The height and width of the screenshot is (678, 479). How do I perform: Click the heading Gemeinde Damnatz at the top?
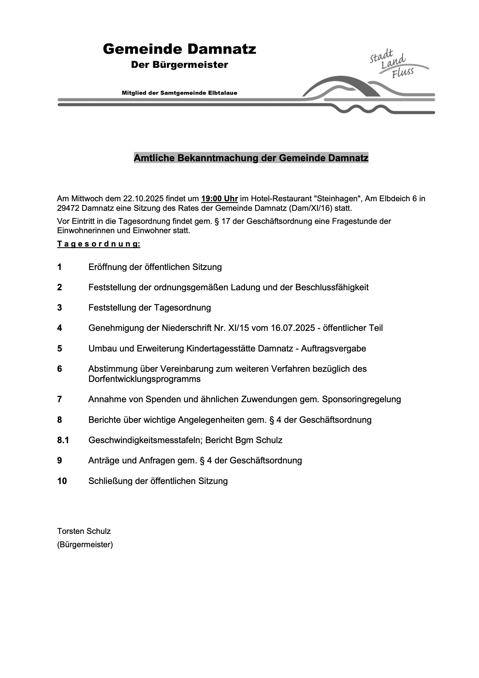[179, 49]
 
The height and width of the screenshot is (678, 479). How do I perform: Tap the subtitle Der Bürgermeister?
[179, 65]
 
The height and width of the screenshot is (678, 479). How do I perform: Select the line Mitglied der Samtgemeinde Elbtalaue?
[179, 93]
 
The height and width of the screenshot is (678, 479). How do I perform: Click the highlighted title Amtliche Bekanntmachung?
[251, 158]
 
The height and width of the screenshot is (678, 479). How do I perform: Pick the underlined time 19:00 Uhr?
[219, 198]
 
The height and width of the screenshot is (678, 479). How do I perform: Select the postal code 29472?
[68, 208]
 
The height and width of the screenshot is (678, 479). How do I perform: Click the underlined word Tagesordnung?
[99, 244]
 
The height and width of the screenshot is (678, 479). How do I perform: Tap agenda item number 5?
[60, 349]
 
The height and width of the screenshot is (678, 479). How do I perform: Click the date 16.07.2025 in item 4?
[293, 328]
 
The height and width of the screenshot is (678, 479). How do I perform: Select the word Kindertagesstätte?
[221, 349]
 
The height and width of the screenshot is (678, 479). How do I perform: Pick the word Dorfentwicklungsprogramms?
[144, 379]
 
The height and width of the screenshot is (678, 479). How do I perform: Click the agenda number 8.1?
[63, 440]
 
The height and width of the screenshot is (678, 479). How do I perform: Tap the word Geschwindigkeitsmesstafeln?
[145, 440]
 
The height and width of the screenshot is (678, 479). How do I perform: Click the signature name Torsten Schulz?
[84, 531]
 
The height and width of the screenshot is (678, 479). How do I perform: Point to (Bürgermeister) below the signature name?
[85, 545]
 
